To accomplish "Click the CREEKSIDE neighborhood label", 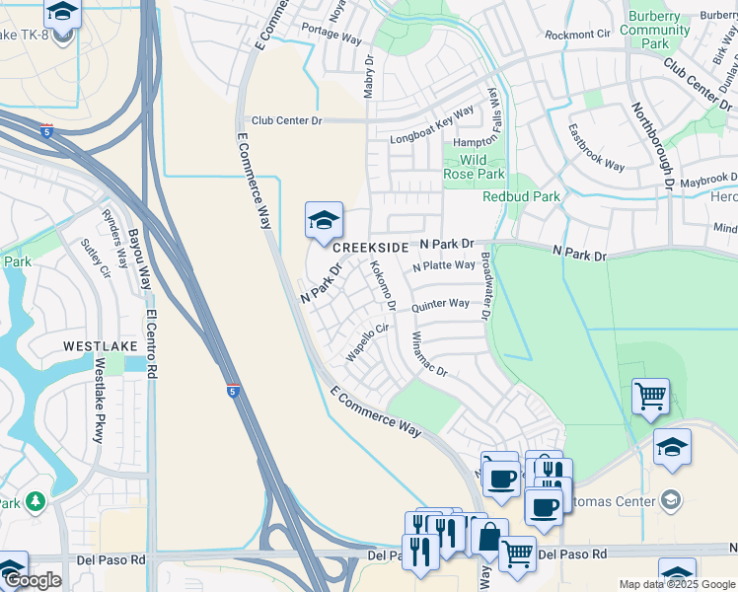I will (370, 248).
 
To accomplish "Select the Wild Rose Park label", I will (474, 167).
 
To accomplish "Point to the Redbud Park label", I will (521, 196).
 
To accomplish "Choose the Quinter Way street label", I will (440, 305).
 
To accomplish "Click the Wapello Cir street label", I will (369, 340).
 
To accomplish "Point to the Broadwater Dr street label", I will (484, 286).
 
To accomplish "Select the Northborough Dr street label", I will (652, 146).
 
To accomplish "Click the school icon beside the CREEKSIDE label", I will (324, 222).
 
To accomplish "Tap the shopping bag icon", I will (488, 539).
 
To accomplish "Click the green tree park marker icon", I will (37, 502).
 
